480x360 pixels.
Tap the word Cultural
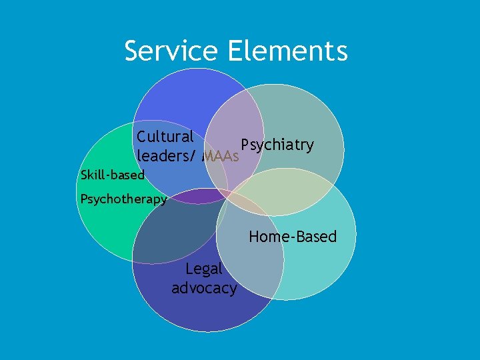click(x=165, y=137)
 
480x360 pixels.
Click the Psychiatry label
click(x=277, y=145)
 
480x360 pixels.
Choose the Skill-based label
click(x=112, y=175)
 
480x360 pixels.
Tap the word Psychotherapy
click(x=123, y=199)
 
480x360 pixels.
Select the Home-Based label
click(x=293, y=237)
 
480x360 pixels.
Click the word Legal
click(x=204, y=269)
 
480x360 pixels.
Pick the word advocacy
click(x=204, y=288)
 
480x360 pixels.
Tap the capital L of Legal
click(x=189, y=269)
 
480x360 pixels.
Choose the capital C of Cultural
click(x=141, y=137)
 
